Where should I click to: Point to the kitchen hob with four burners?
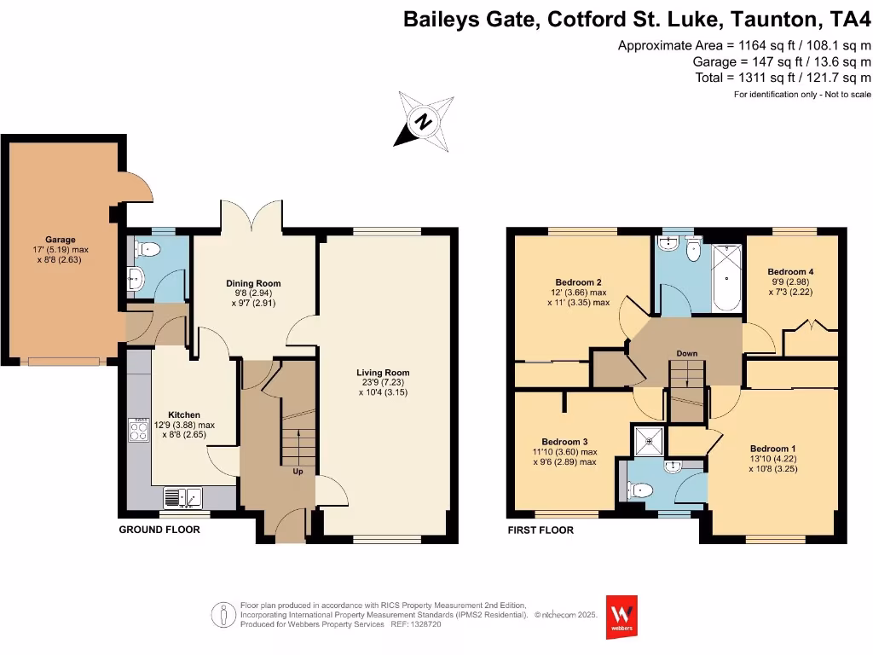[138, 430]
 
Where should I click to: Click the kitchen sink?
[182, 496]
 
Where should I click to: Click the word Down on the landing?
[687, 353]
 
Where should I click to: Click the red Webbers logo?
[621, 616]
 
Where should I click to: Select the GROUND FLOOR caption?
[159, 530]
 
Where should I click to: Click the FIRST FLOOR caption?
[541, 530]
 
